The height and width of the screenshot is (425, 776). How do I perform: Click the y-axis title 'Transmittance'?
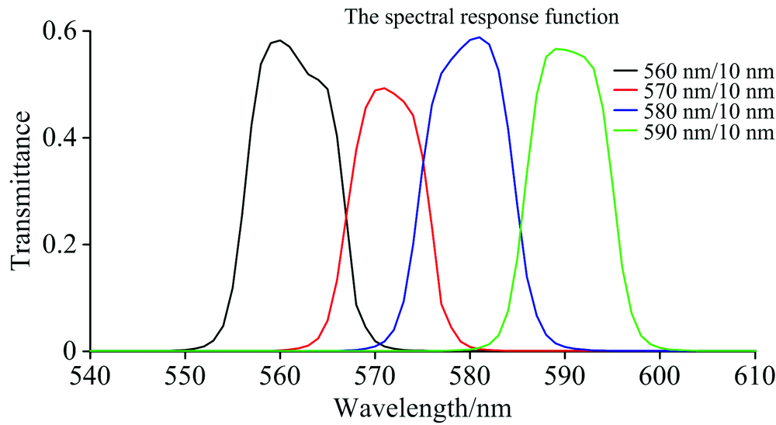pos(22,190)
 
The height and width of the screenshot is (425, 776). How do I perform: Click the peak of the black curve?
pos(280,40)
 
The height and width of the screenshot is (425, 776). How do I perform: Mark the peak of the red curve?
pos(384,88)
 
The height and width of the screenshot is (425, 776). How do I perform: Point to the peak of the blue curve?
pos(480,37)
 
